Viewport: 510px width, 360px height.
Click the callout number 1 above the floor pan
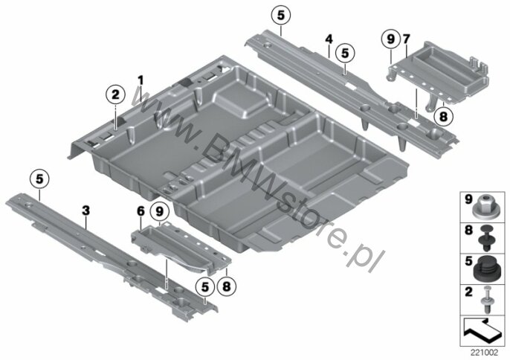139,80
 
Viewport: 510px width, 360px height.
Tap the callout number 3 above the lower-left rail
86,211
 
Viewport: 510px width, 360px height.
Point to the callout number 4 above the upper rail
327,38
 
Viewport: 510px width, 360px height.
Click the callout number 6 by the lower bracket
140,211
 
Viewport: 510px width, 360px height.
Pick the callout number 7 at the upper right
407,38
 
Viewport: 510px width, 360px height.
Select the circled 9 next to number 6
158,212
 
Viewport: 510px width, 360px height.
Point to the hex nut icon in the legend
488,200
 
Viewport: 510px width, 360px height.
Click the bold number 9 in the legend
468,199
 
